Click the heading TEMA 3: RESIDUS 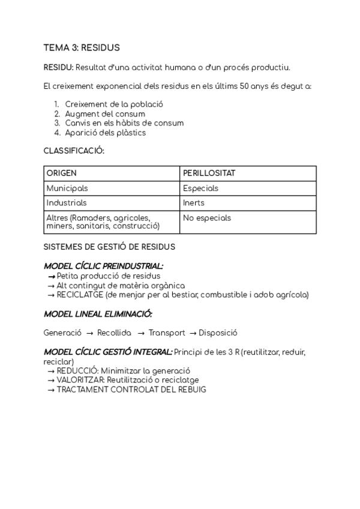point(82,47)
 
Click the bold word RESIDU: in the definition point(58,67)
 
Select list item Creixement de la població point(114,104)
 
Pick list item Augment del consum point(105,113)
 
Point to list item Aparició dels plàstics point(106,133)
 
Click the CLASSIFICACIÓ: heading point(74,151)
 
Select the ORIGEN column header point(62,173)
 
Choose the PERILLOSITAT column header point(209,173)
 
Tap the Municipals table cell point(67,188)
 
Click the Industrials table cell point(67,203)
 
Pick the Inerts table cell point(194,203)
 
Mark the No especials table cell point(207,218)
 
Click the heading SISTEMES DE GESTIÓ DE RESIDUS point(109,246)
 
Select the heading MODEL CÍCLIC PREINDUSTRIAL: point(104,266)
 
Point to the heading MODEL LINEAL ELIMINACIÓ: point(98,313)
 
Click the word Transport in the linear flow point(167,333)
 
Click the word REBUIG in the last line point(191,390)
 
